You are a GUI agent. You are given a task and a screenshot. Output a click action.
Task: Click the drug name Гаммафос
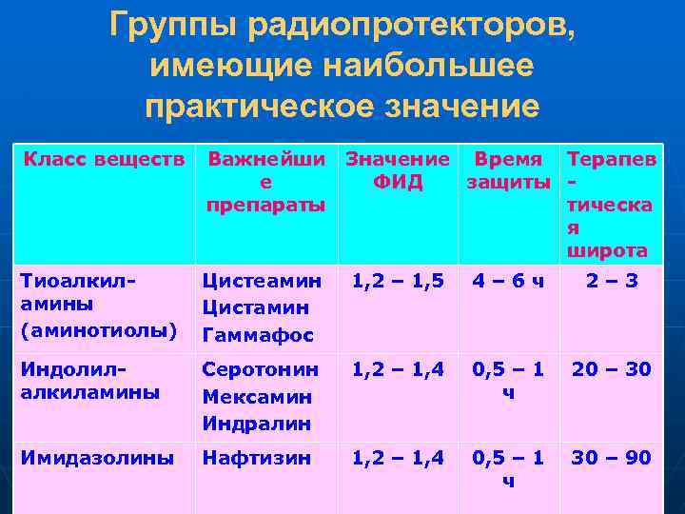tap(258, 335)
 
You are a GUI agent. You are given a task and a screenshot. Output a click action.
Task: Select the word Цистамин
tap(255, 307)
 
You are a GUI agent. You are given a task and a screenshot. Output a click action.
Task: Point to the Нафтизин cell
tap(256, 458)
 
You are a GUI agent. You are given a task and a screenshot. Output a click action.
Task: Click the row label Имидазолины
tap(97, 458)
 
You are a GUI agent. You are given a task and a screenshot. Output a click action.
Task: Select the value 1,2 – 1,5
tap(398, 281)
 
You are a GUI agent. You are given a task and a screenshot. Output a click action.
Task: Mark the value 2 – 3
tap(612, 281)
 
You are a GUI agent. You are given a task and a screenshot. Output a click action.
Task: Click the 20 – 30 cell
tap(612, 368)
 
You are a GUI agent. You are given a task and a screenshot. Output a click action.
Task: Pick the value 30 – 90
tap(612, 458)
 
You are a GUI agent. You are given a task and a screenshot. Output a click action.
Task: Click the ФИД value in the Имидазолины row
tap(398, 458)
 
